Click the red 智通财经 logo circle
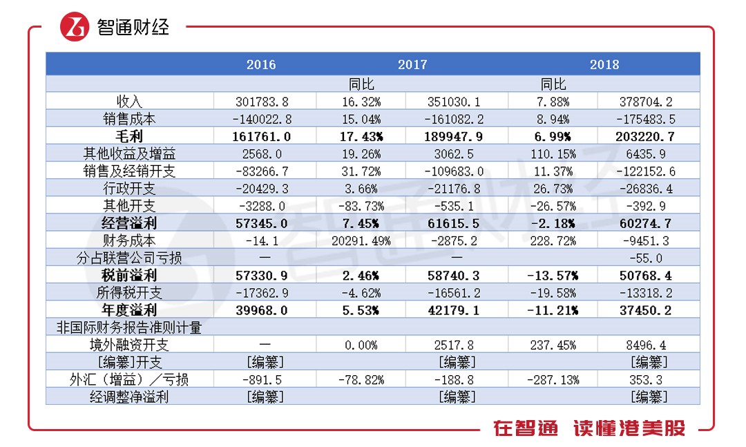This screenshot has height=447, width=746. (x=75, y=27)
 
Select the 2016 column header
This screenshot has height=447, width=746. (x=260, y=64)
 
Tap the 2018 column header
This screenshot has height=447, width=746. (x=604, y=64)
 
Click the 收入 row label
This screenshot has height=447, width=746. (x=129, y=102)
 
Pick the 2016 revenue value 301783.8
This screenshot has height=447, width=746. (x=262, y=102)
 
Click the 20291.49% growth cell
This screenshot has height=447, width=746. (x=361, y=241)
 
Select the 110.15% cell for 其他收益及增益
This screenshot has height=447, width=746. (x=553, y=154)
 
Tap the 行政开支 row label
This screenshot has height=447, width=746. (x=129, y=189)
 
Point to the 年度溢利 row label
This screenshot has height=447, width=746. (x=129, y=310)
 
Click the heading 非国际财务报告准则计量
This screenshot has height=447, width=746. (x=129, y=327)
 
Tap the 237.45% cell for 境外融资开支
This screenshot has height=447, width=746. (x=553, y=345)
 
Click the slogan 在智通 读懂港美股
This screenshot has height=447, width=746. (x=589, y=428)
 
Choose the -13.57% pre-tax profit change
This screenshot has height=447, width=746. (x=553, y=276)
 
